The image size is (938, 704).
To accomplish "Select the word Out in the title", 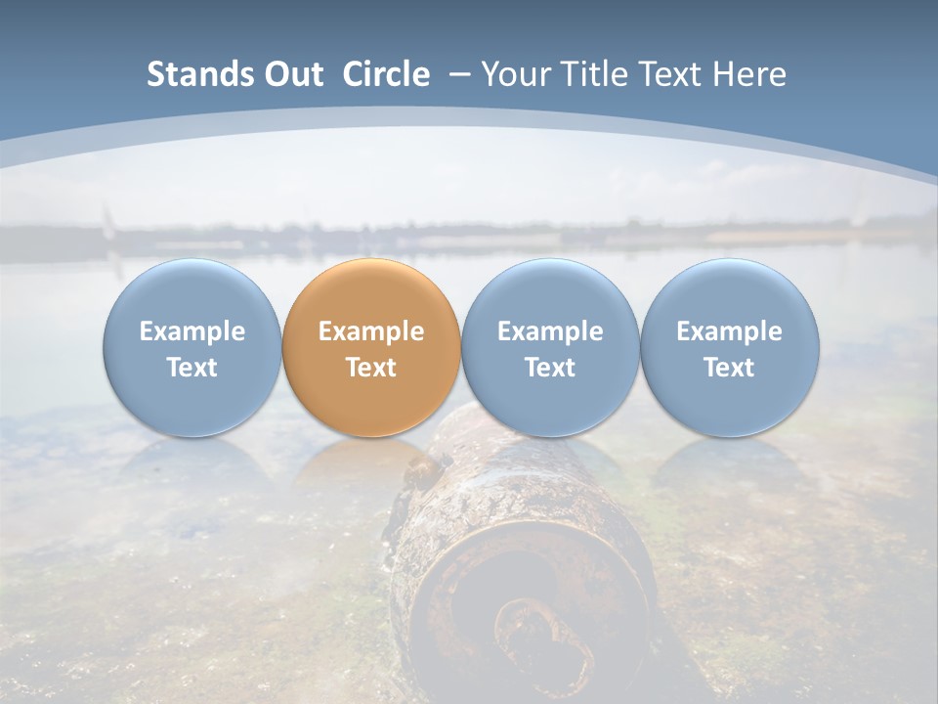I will (291, 74).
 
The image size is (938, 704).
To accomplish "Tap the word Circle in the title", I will (386, 74).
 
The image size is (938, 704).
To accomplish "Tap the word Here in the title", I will (748, 74).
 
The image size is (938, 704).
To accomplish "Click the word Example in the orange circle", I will (371, 331).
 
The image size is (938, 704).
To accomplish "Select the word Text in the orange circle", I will (371, 368).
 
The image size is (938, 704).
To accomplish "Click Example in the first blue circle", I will (192, 331).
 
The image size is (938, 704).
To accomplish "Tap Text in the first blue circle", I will (192, 368).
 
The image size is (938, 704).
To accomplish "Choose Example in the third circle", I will (550, 331).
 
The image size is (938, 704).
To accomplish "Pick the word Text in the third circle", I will (550, 368).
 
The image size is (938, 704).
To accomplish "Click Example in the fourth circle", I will (729, 331).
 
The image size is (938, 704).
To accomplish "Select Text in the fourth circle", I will (729, 368).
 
